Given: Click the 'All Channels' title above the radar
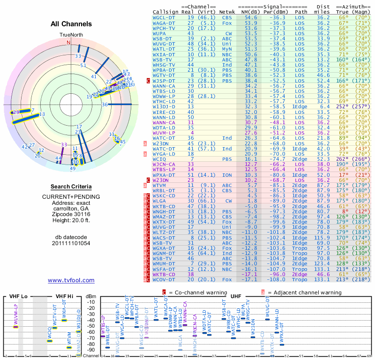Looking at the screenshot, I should [x=71, y=24].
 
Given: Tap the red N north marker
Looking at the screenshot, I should [x=69, y=42].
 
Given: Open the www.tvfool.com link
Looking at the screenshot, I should [x=71, y=280].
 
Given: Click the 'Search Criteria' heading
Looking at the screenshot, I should [x=71, y=187].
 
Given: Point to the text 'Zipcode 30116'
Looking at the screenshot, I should [x=71, y=213].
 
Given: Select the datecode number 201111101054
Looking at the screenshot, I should [x=71, y=243].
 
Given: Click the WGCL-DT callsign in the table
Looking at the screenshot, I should [x=165, y=17].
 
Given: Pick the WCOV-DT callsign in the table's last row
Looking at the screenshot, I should [x=165, y=279].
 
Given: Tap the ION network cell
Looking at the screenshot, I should [x=227, y=175].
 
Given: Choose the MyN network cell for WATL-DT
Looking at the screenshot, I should [x=227, y=49].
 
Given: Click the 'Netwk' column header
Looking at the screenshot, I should [x=227, y=11].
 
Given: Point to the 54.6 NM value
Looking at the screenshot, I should [x=250, y=17].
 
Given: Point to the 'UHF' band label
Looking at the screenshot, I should [x=236, y=297].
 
